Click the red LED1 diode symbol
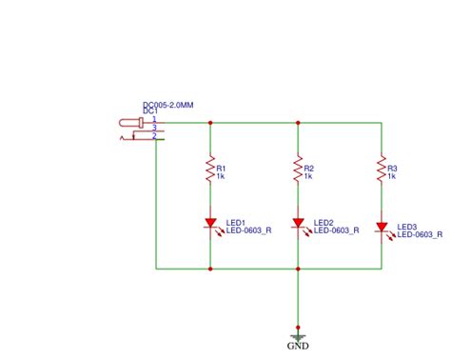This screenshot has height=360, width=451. coord(209,224)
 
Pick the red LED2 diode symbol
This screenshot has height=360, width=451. coord(298,224)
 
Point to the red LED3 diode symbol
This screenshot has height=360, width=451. coord(382,229)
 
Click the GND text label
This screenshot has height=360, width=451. coord(298,347)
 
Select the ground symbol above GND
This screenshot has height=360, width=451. coord(298,336)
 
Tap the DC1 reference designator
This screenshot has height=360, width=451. coord(149,111)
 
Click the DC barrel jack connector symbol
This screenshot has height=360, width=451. coord(135,129)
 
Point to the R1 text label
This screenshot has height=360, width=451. coord(221,168)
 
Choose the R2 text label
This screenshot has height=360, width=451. coord(309,168)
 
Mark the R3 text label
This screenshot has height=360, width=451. coord(392,168)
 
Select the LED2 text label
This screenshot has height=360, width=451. coord(324,222)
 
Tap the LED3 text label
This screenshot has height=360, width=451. coord(407,227)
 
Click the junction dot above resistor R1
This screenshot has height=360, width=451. coord(209,122)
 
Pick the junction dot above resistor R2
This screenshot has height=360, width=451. coord(298,122)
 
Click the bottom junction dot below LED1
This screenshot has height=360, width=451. coord(209,269)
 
